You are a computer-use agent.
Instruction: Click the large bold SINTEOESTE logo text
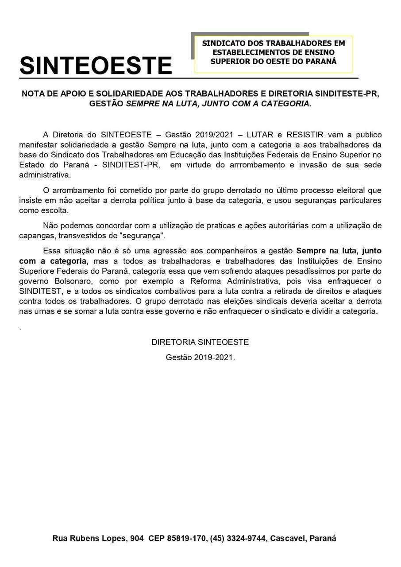(96, 66)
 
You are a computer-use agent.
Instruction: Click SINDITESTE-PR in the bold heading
(347, 94)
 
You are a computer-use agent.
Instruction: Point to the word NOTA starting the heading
(33, 94)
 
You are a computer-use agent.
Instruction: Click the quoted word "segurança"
(145, 235)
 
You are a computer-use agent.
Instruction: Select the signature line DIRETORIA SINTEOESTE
(200, 342)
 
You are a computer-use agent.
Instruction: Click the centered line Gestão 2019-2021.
(200, 357)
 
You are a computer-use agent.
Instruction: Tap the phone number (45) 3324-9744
(238, 539)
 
